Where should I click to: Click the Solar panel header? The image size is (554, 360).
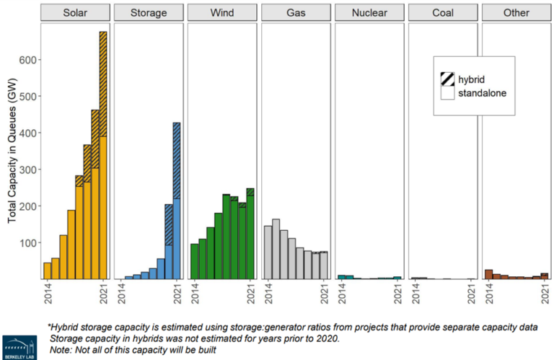(x=74, y=13)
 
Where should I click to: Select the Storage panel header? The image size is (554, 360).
(x=148, y=13)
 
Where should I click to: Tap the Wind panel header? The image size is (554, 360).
(x=221, y=13)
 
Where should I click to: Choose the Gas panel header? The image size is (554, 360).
(x=295, y=13)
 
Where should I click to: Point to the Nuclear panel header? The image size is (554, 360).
(x=369, y=13)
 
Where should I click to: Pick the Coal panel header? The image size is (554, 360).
(x=442, y=13)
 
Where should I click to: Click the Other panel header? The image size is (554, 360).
(x=516, y=13)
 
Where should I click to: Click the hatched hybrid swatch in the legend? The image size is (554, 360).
(x=447, y=79)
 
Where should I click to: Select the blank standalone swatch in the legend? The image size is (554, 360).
(x=447, y=93)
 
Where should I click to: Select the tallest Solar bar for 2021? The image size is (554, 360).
(x=103, y=155)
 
